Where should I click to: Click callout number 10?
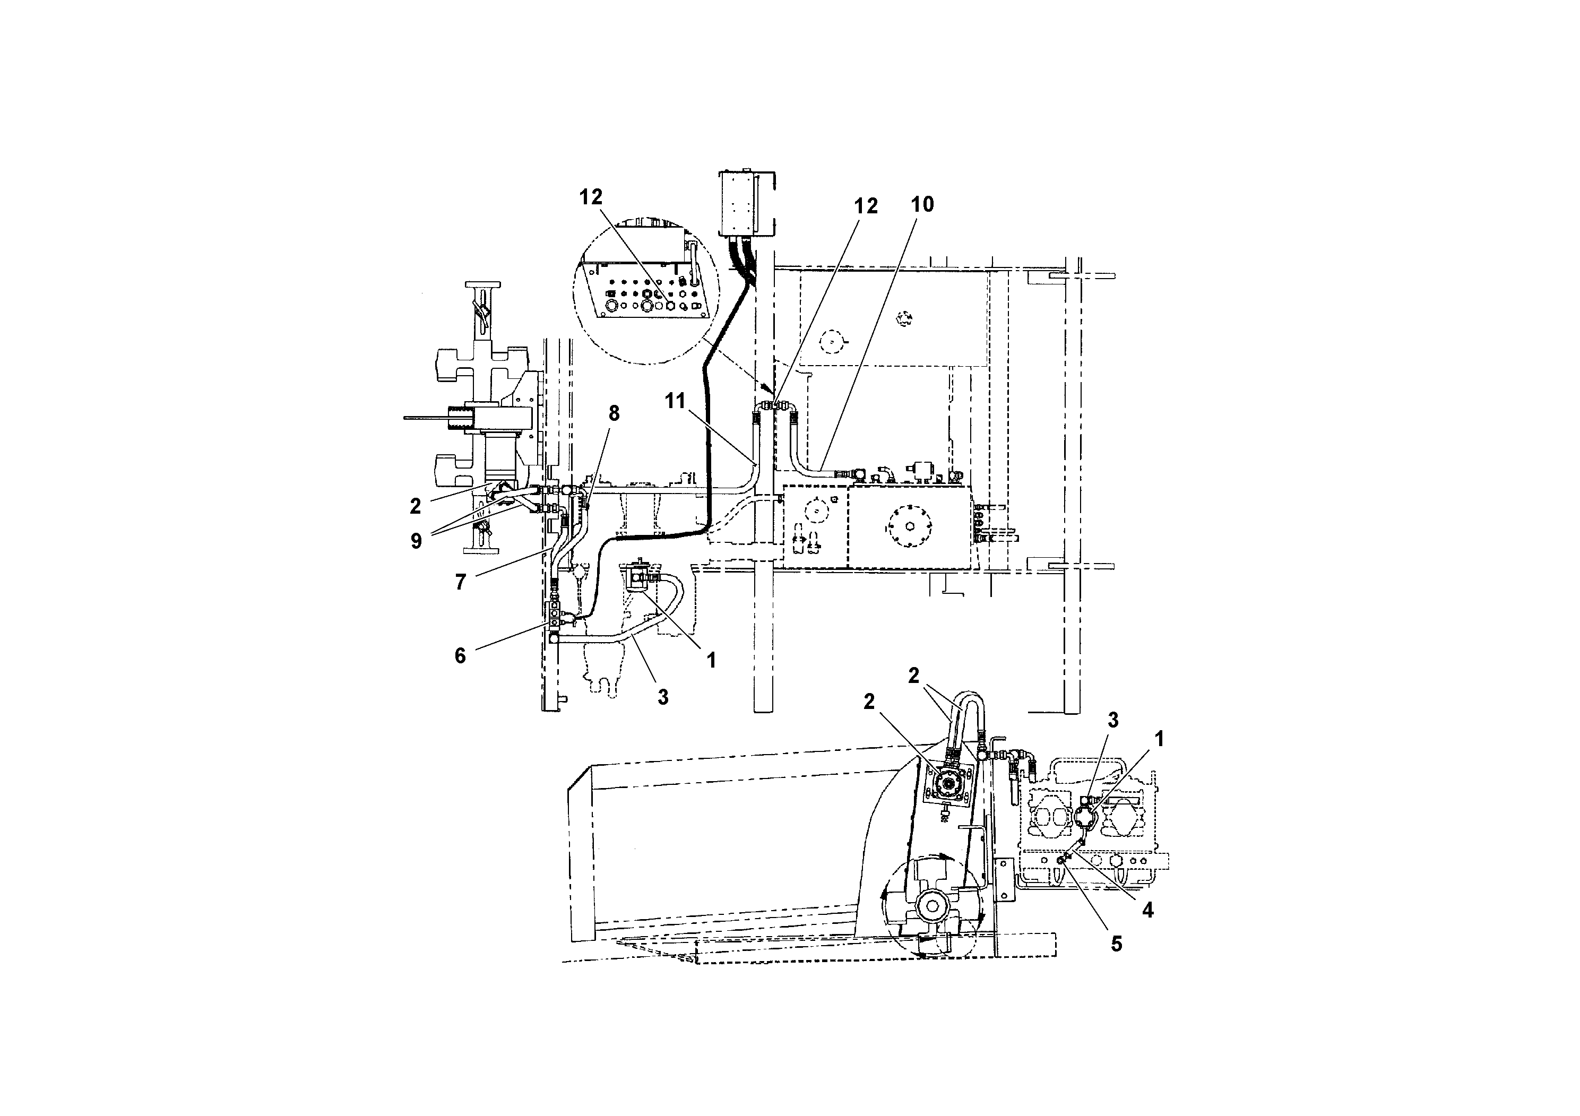coord(922,204)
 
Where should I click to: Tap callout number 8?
coord(614,413)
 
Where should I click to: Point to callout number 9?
coord(416,541)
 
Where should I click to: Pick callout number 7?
coord(460,582)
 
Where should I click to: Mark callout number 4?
coord(1147,910)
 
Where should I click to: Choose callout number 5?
coord(1116,944)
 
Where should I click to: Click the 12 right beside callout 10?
coord(866,206)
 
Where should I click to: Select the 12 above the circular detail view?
coord(590,197)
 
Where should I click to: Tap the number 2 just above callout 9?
coord(415,506)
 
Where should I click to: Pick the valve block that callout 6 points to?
coord(554,617)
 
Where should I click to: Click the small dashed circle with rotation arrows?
coord(906,317)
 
